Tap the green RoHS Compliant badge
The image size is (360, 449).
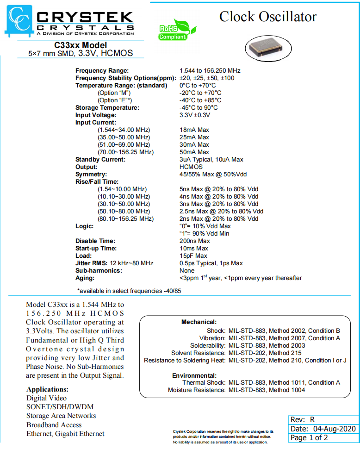(x=173, y=31)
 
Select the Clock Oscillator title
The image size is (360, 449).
(x=268, y=17)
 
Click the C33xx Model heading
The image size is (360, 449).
(x=81, y=45)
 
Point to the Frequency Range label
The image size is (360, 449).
(x=102, y=70)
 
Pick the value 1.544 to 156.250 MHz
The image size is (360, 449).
(x=210, y=70)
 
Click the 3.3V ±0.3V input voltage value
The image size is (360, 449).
(x=195, y=115)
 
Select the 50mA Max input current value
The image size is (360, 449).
(x=194, y=152)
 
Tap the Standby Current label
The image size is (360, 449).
(x=100, y=159)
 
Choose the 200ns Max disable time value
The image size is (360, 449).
(x=195, y=241)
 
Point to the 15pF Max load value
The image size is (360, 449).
(x=193, y=256)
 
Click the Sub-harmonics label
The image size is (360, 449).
(x=99, y=270)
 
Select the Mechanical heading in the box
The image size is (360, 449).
(x=199, y=322)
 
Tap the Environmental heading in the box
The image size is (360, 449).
(x=194, y=375)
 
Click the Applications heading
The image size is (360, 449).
(x=48, y=389)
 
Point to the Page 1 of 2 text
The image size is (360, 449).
(x=309, y=438)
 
